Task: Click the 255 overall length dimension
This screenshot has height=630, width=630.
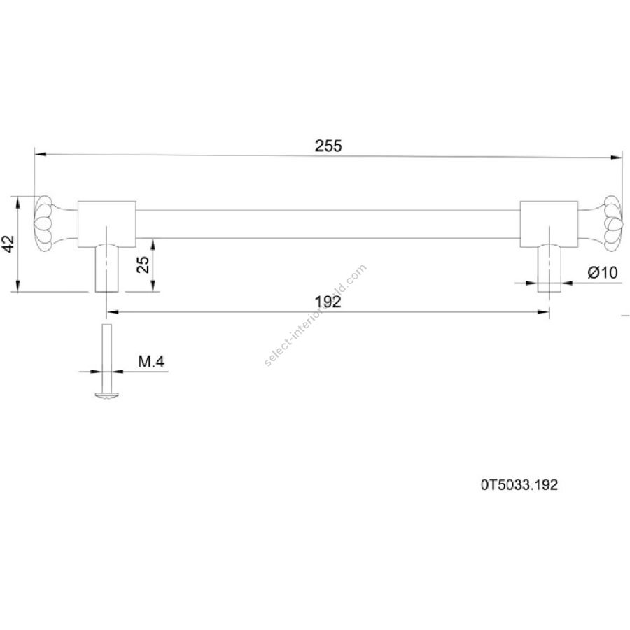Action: pyautogui.click(x=328, y=146)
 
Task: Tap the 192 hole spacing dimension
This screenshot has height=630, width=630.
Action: pyautogui.click(x=328, y=302)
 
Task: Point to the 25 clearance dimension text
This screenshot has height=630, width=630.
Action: pyautogui.click(x=143, y=265)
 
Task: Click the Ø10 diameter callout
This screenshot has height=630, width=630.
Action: pyautogui.click(x=603, y=273)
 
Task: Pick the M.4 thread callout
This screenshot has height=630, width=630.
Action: pyautogui.click(x=151, y=362)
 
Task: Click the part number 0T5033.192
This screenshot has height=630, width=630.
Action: pyautogui.click(x=519, y=485)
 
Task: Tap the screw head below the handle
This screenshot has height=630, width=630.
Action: pyautogui.click(x=107, y=395)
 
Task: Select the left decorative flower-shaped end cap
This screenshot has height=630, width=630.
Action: pyautogui.click(x=44, y=224)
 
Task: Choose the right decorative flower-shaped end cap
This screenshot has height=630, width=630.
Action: pyautogui.click(x=612, y=224)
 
